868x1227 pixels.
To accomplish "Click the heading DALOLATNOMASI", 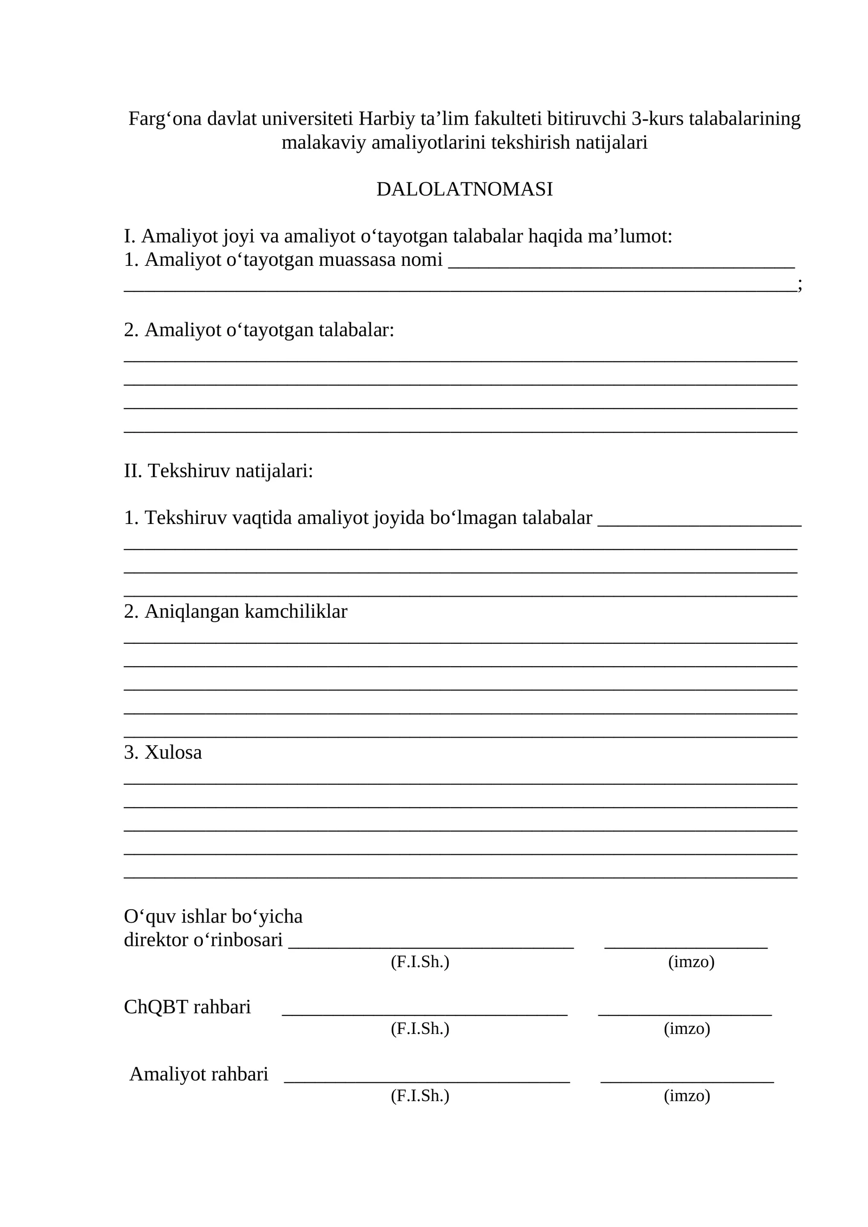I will click(x=464, y=189).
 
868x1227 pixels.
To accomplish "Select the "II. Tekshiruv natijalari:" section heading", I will click(x=218, y=471).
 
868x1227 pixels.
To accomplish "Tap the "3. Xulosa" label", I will click(x=163, y=752).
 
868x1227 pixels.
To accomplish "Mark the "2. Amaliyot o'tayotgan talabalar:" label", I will click(x=259, y=330).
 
